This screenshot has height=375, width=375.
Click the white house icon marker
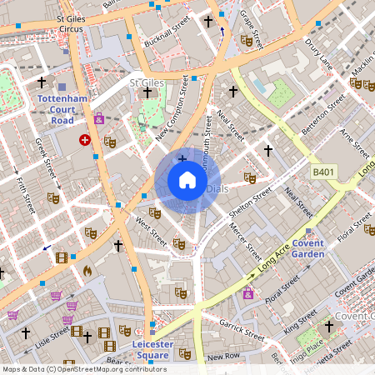coord(187,180)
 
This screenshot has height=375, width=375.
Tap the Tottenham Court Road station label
coord(62,108)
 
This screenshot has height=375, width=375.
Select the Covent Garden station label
coord(307,247)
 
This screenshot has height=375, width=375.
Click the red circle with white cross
coord(84,141)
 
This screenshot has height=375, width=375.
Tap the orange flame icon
coord(87,270)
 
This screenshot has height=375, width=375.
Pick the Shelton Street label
coord(251,203)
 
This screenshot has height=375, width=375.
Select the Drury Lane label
coord(319,53)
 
